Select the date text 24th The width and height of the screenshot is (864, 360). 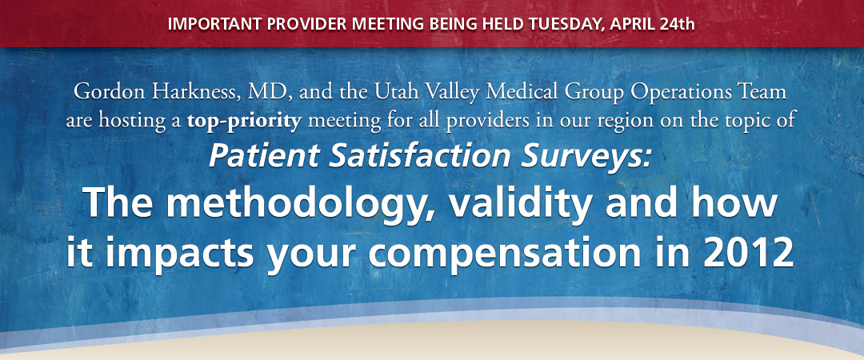[678, 25]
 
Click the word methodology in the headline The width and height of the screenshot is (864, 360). [299, 203]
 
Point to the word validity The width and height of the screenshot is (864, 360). [521, 203]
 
